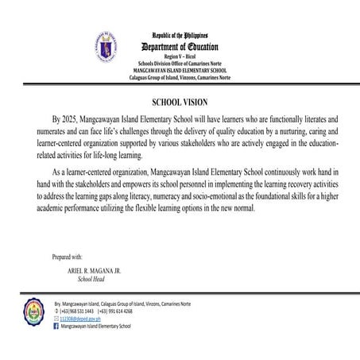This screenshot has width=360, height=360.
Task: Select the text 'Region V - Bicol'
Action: [180, 57]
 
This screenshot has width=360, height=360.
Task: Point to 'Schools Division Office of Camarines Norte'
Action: [180, 64]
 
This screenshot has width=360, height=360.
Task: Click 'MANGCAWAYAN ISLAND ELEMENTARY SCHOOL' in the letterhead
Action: [180, 70]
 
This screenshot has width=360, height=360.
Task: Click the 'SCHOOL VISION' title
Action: [180, 103]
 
